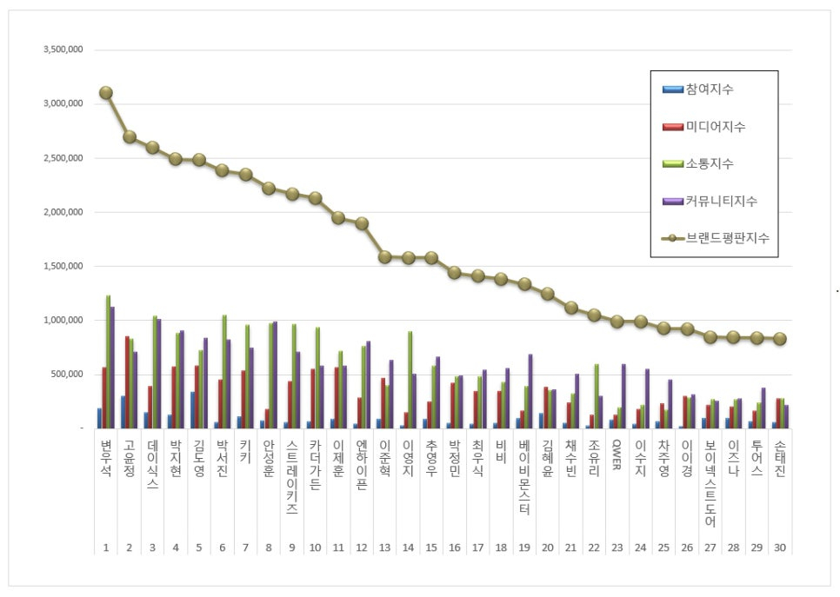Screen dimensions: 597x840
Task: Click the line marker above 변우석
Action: click(106, 93)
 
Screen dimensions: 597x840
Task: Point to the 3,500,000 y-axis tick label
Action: click(63, 50)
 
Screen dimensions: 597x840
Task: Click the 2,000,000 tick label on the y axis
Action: click(63, 212)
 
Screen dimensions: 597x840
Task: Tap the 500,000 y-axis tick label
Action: click(66, 375)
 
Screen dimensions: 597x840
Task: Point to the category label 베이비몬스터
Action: click(524, 478)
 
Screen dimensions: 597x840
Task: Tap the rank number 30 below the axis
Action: click(779, 548)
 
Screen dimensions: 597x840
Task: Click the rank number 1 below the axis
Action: click(106, 548)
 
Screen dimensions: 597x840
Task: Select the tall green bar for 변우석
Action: click(109, 362)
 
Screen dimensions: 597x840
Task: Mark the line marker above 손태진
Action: click(779, 339)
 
